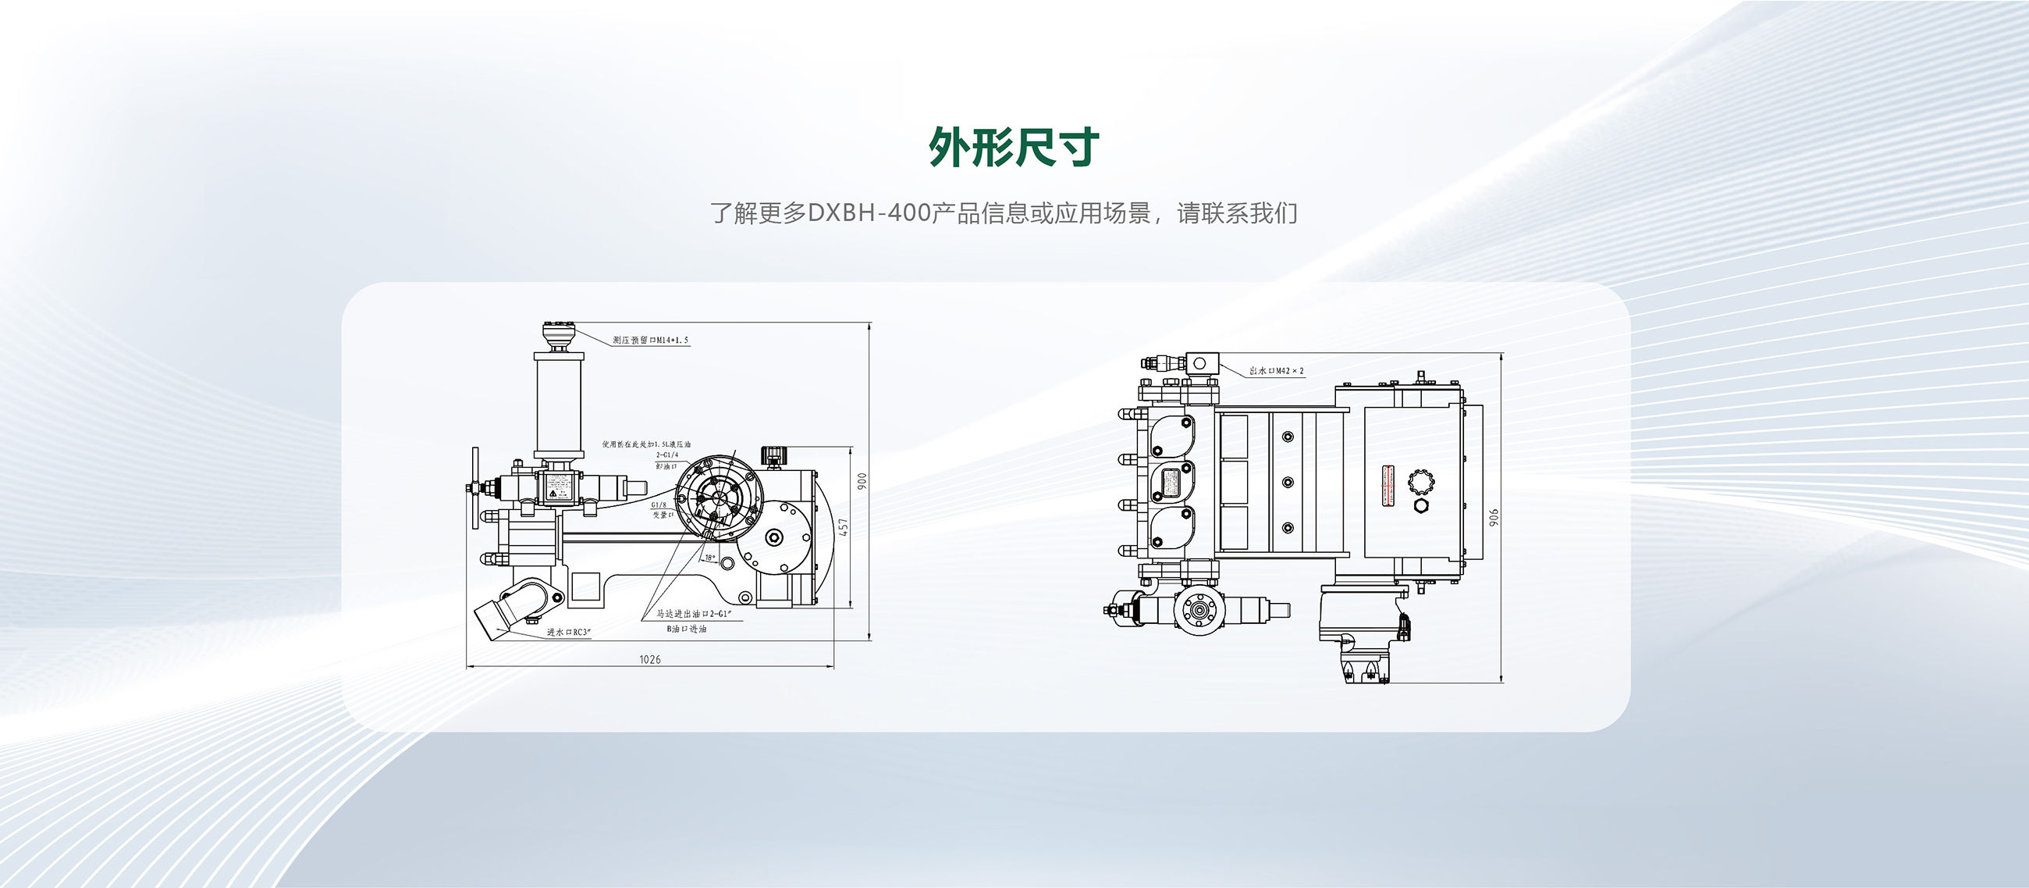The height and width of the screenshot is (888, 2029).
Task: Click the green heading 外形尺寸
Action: [x=1014, y=148]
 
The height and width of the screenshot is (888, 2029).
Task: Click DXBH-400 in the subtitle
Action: [x=869, y=213]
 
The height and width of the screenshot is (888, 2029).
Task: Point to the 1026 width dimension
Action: [x=650, y=658]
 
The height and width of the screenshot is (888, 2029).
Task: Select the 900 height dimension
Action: [x=862, y=480]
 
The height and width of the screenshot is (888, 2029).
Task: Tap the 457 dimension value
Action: [x=844, y=528]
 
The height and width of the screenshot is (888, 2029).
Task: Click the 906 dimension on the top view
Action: [x=1494, y=518]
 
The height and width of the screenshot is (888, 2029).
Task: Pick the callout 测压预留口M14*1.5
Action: [x=651, y=341]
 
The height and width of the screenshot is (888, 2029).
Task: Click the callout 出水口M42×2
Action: [x=1276, y=370]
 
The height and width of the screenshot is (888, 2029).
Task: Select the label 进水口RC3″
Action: [x=569, y=632]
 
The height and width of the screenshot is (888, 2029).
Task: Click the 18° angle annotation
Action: [x=709, y=558]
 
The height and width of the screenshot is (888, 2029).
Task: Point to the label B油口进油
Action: [x=687, y=629]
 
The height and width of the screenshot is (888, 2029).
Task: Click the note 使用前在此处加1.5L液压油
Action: [x=646, y=444]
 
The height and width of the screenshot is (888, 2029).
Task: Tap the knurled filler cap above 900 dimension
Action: [x=773, y=455]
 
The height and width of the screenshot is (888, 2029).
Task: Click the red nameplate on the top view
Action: [x=1388, y=486]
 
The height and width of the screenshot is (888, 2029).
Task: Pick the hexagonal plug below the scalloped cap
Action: [x=1422, y=505]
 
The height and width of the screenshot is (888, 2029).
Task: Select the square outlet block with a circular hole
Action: [x=1200, y=363]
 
